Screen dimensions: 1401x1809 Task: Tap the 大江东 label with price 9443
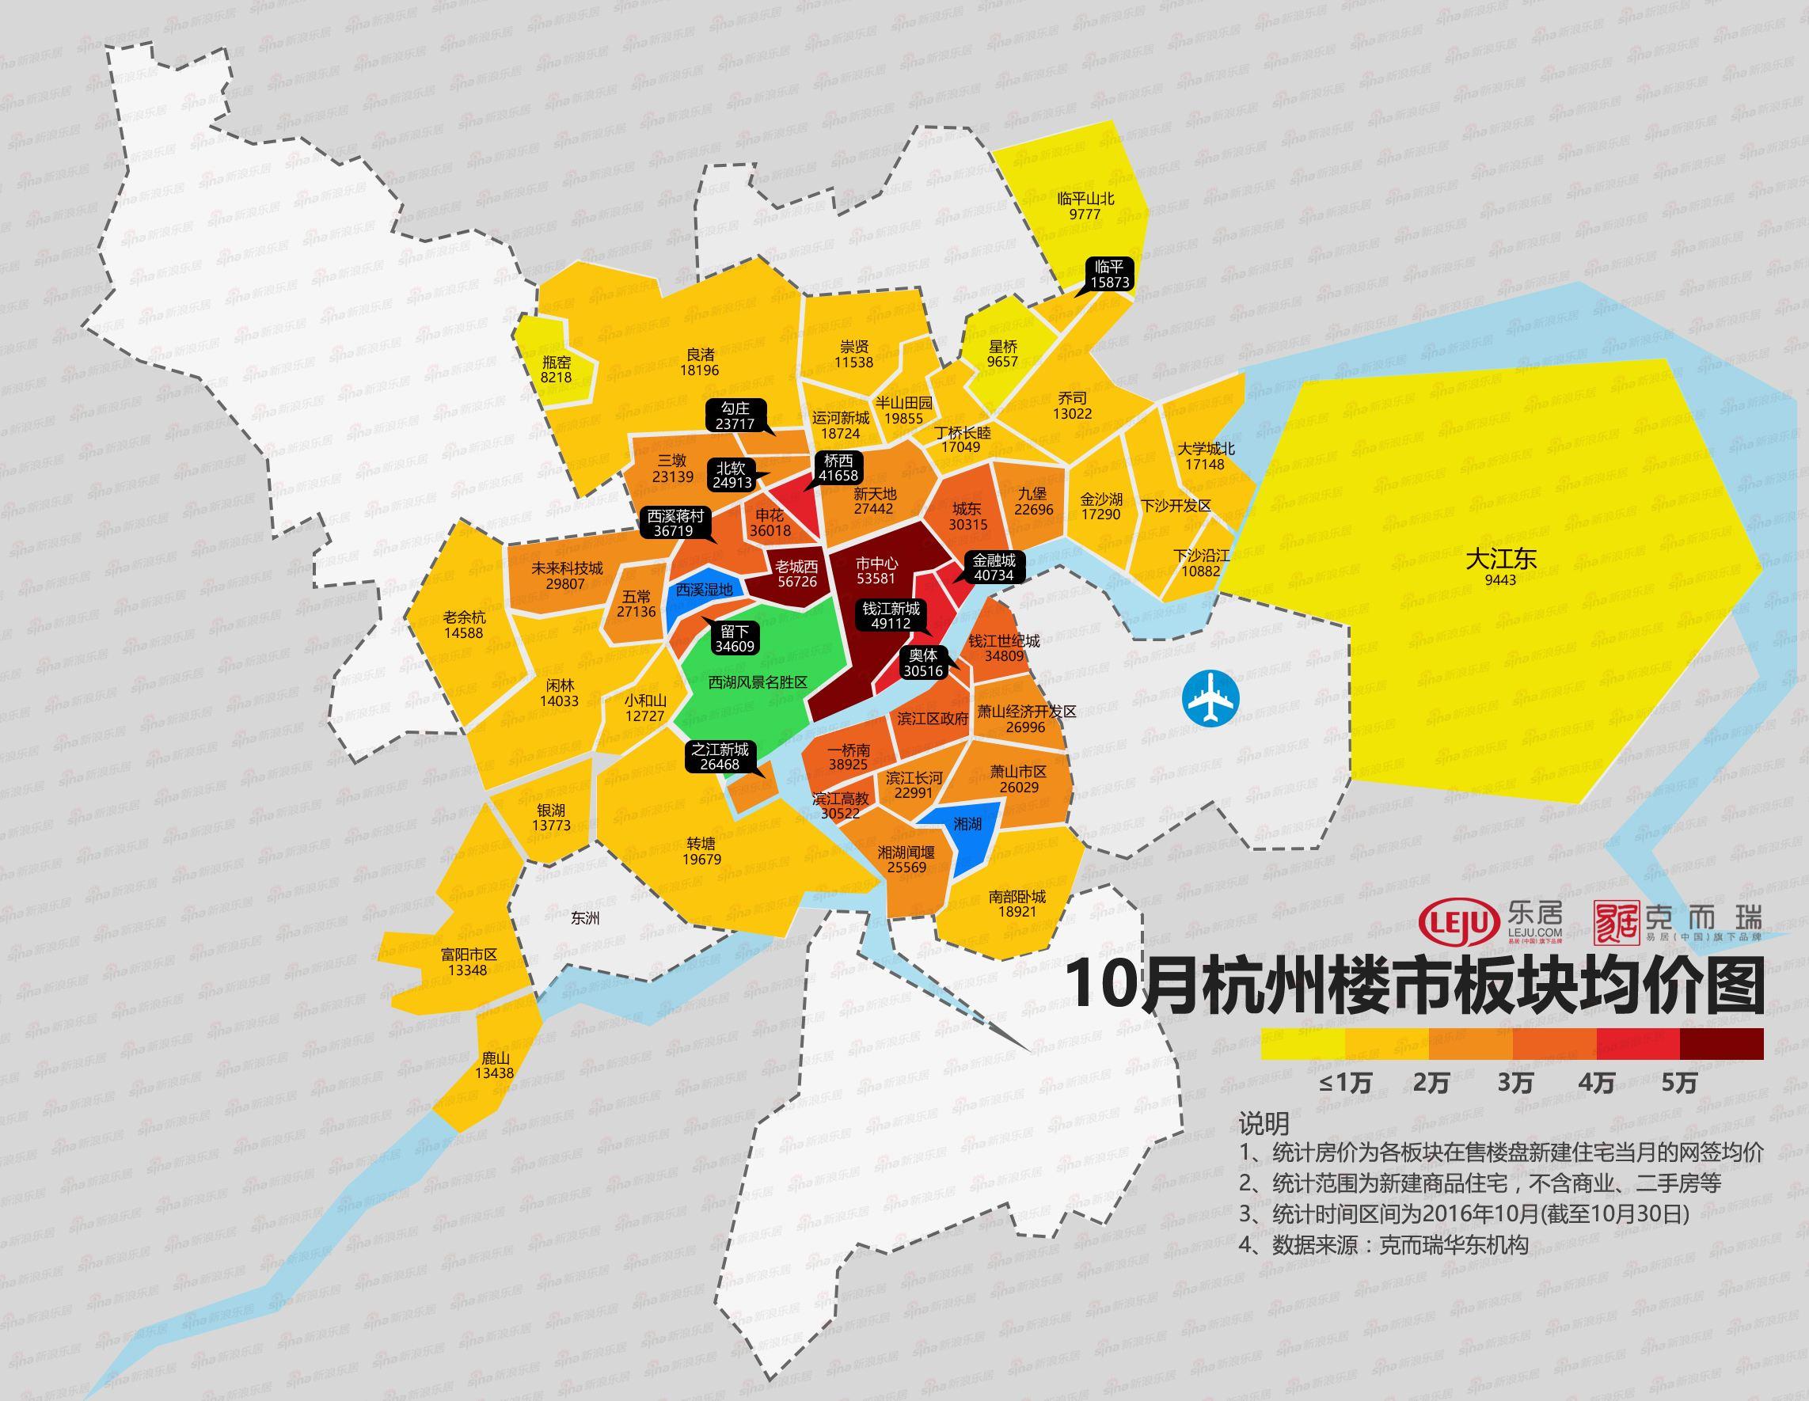pos(1501,567)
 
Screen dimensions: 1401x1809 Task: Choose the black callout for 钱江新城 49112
pos(891,616)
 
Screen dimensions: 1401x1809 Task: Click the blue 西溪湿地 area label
pos(704,590)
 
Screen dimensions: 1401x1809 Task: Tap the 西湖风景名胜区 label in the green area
pos(757,683)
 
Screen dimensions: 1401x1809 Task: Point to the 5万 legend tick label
pos(1679,1084)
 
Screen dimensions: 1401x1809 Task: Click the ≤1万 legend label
pos(1344,1084)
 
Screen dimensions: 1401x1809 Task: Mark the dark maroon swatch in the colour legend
pos(1721,1044)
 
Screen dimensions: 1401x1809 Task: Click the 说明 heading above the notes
pos(1264,1124)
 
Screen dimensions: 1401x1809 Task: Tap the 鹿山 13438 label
pos(495,1065)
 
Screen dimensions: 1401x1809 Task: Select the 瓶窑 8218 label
pos(557,370)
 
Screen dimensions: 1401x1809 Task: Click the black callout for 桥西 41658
pos(838,468)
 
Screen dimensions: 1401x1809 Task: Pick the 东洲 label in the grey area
pos(586,918)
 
